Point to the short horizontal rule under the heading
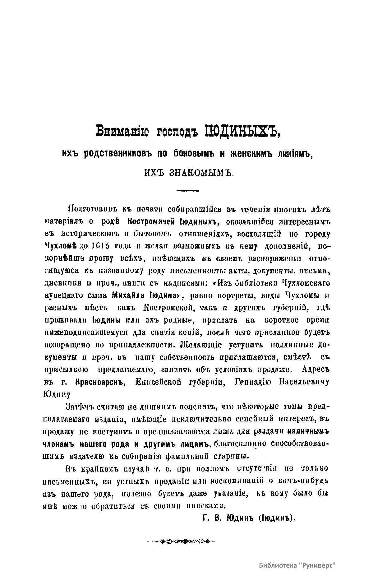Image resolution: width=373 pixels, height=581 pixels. click(x=187, y=190)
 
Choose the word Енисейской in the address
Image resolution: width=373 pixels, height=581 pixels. click(x=159, y=382)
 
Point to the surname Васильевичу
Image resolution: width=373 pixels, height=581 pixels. click(x=304, y=382)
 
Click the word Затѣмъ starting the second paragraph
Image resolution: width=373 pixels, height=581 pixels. click(x=79, y=407)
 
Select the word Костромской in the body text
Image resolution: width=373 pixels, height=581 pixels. click(x=168, y=308)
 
